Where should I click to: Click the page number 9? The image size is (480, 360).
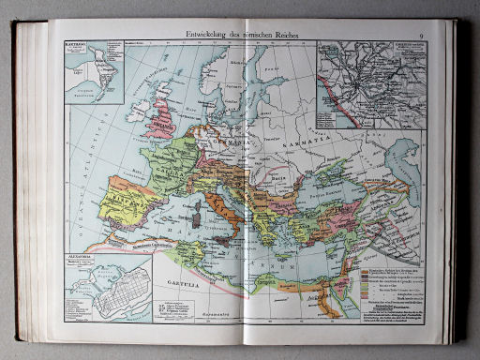(x=422, y=35)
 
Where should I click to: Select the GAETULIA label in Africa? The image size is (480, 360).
(x=167, y=282)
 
